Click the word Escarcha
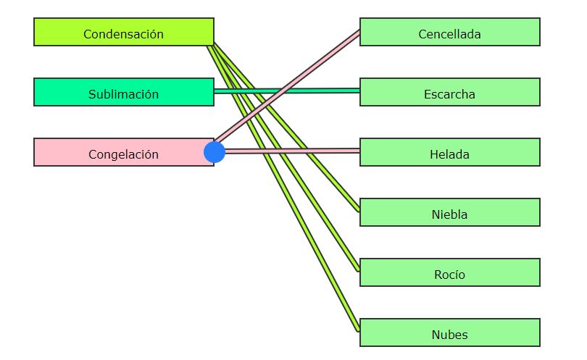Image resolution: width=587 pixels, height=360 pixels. coord(449,94)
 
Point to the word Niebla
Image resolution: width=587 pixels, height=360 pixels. coord(449,214)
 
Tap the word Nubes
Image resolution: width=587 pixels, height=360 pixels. coord(449,335)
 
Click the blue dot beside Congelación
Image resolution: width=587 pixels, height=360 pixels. coord(215,152)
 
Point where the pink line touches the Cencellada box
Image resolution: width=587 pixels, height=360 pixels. coord(359,32)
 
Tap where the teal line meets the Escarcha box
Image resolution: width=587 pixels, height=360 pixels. coord(359,91)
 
